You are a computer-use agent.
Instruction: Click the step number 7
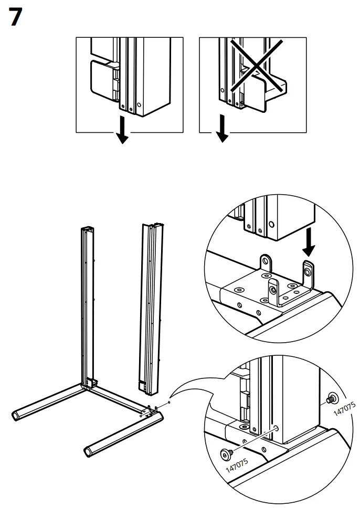[16, 18]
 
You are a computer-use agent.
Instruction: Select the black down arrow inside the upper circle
[310, 242]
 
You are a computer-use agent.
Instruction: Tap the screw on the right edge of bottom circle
[332, 399]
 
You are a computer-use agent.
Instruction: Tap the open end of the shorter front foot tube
[87, 451]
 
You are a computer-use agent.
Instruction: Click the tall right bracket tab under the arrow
[308, 270]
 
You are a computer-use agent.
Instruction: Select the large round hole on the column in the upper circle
[271, 224]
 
